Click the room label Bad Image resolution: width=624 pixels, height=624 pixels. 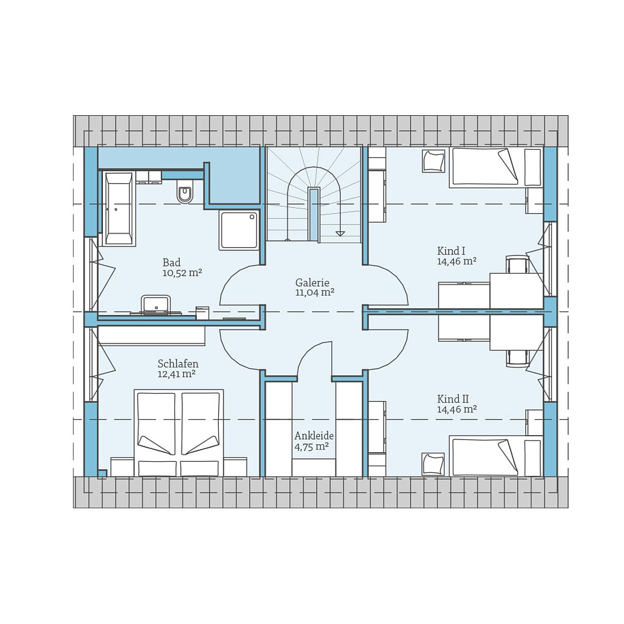click(x=171, y=262)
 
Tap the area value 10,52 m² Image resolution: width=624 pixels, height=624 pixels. click(x=182, y=273)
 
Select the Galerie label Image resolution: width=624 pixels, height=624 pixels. click(x=312, y=283)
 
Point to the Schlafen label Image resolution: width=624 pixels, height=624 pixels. click(x=178, y=364)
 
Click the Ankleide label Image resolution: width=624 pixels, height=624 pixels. click(x=314, y=436)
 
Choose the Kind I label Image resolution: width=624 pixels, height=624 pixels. click(x=451, y=251)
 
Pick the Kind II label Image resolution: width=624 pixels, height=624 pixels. click(x=453, y=399)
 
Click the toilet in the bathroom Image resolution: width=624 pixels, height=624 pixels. click(x=185, y=193)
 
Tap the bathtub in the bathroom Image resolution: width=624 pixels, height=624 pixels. click(x=118, y=209)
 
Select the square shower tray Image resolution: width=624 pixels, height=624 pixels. click(x=238, y=229)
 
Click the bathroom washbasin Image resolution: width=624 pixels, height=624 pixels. click(x=155, y=305)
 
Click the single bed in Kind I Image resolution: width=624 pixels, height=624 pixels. click(x=495, y=167)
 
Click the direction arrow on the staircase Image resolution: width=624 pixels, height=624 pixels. click(x=340, y=233)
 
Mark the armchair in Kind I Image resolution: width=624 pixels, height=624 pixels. click(x=433, y=161)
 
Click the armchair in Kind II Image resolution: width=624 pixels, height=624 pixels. click(x=433, y=464)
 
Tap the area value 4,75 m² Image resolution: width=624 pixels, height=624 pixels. click(x=311, y=447)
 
